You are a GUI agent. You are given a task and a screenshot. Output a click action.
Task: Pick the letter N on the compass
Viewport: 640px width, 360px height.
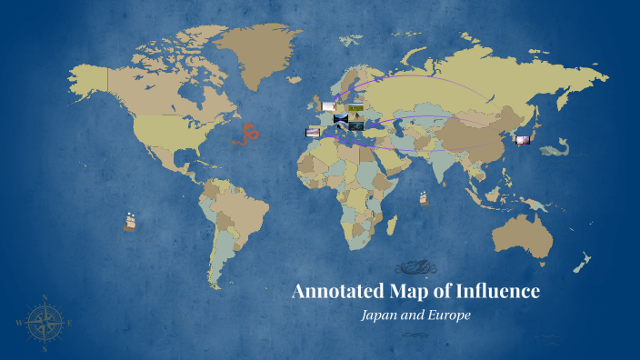click(45, 296)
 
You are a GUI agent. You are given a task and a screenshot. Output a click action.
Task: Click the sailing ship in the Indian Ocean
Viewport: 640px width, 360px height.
click(424, 196)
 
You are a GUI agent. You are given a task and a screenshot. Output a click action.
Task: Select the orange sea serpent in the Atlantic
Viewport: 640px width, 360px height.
click(245, 134)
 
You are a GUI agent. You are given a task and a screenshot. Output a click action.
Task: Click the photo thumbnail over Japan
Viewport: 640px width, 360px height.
click(523, 139)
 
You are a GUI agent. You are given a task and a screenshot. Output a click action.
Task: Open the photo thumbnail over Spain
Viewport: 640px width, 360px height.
click(313, 133)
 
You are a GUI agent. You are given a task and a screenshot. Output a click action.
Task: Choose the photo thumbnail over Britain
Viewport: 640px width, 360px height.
click(327, 107)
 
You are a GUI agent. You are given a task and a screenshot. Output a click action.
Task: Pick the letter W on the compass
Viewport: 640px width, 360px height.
click(19, 322)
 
